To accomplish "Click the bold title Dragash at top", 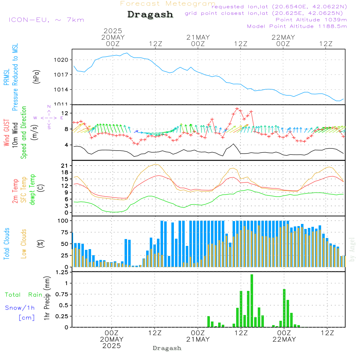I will click(x=150, y=15).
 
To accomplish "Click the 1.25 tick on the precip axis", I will click(x=62, y=272).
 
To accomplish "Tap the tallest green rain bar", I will click(x=252, y=301).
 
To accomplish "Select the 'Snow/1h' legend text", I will click(x=20, y=308).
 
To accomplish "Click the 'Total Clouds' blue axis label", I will click(x=7, y=244).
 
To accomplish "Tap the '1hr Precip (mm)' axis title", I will click(x=46, y=298).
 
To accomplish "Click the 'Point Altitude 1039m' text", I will click(x=311, y=19).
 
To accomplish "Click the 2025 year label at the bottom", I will click(x=112, y=346).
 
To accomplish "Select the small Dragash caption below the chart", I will click(x=167, y=348).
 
